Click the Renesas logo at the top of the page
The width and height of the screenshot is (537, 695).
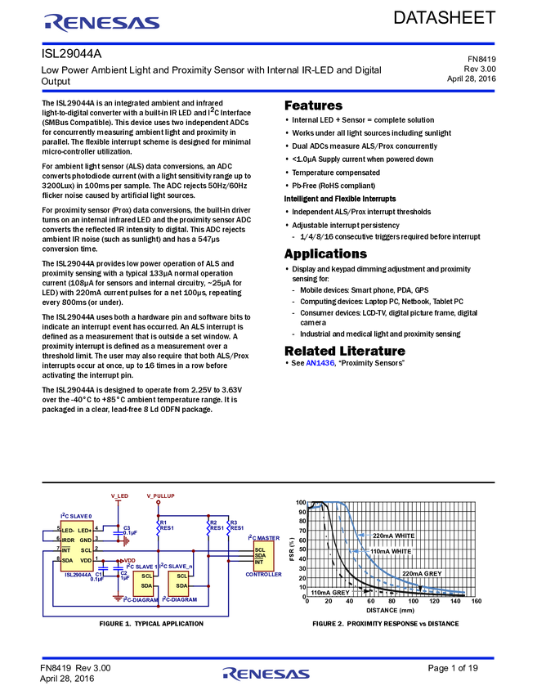(102, 23)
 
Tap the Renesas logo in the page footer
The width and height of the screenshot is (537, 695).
(266, 674)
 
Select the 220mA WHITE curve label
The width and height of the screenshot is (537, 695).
(393, 536)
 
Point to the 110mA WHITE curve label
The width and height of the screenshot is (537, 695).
(391, 552)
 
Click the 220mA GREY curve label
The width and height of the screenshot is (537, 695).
(422, 573)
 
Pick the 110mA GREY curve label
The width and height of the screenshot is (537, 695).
(330, 592)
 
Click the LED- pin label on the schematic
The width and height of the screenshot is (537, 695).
(69, 531)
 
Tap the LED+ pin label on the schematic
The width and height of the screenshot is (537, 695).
(85, 531)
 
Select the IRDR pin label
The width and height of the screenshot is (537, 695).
(69, 540)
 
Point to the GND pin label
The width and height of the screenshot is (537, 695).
(86, 540)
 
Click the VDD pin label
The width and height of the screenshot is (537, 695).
(86, 560)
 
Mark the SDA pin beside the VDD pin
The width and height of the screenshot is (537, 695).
(68, 560)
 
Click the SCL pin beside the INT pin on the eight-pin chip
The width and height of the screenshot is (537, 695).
(86, 550)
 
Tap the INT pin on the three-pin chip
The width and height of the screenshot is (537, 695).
(259, 563)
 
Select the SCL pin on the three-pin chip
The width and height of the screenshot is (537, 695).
(260, 549)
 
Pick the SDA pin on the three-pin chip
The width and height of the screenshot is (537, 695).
(260, 556)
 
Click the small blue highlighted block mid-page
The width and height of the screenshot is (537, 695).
(320, 362)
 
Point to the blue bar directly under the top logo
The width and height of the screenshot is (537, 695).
(268, 43)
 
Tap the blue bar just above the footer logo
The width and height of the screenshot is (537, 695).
(268, 657)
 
